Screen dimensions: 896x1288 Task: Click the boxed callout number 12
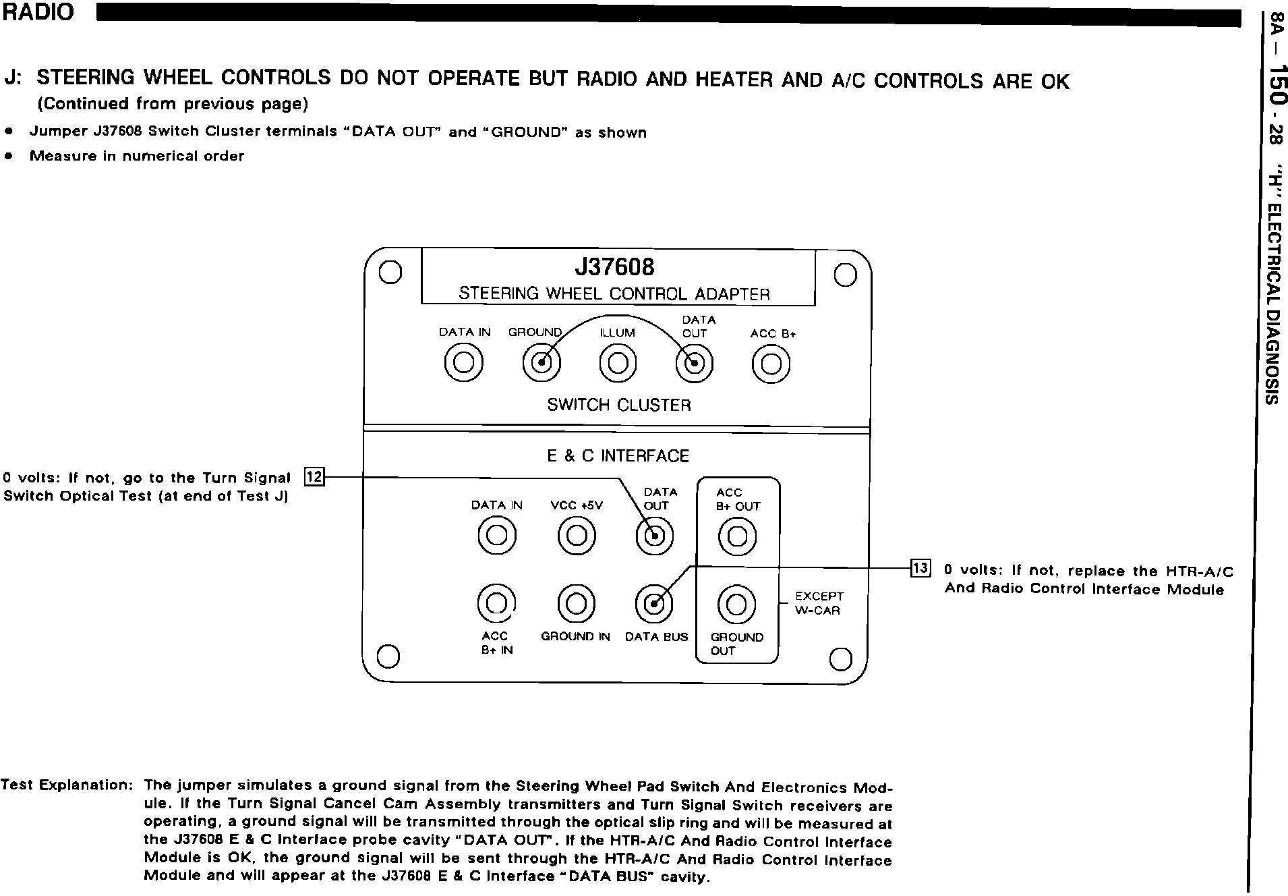tap(314, 476)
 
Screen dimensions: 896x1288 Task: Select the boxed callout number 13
tap(920, 568)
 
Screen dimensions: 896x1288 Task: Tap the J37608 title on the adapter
tap(614, 267)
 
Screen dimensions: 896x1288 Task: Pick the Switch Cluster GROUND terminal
tap(541, 364)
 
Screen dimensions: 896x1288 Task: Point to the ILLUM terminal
tap(618, 364)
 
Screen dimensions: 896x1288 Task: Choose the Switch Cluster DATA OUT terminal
tap(695, 364)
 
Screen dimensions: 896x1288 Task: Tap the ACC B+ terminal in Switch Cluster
tap(771, 364)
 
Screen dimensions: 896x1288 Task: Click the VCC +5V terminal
tap(577, 536)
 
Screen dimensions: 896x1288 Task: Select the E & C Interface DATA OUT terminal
tap(654, 536)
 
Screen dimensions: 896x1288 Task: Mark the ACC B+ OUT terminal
tap(738, 536)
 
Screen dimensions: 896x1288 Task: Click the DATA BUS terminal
tap(654, 603)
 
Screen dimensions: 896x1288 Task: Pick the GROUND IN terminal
tap(577, 603)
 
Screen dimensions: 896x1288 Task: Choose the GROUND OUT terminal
tap(736, 604)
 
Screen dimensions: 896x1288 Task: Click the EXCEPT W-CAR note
tap(819, 603)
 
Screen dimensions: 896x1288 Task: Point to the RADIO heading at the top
tap(38, 13)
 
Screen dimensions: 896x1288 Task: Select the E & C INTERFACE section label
tap(618, 456)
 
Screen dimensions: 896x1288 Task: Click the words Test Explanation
tap(67, 785)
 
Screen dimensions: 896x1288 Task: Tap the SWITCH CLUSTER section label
tap(619, 405)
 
